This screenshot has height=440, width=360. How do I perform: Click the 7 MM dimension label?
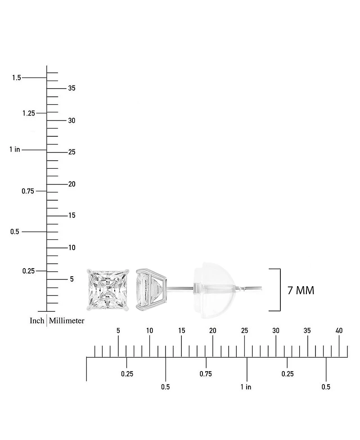tap(301, 291)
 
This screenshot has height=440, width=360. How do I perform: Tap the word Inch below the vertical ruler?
tap(37, 321)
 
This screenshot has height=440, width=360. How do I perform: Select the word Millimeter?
tap(67, 321)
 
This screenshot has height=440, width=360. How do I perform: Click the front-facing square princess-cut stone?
tap(108, 290)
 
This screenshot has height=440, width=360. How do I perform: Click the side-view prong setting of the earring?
tap(152, 290)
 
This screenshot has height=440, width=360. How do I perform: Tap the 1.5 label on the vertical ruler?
tap(17, 77)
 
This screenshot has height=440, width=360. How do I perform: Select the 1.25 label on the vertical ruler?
tap(29, 113)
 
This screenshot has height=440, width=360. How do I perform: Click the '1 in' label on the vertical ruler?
tap(15, 149)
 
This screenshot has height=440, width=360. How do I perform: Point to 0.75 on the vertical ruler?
tap(28, 191)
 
